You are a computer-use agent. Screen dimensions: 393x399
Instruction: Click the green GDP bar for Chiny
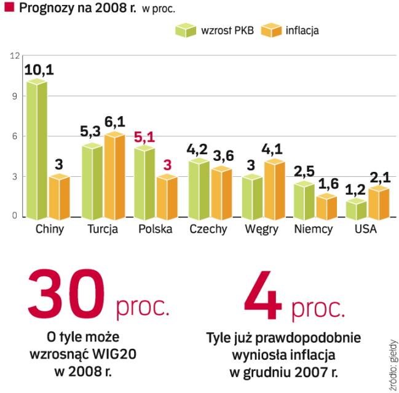click(36, 150)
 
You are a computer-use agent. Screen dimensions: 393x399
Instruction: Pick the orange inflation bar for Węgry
click(274, 190)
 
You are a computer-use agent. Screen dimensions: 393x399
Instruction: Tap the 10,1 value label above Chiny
click(39, 69)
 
